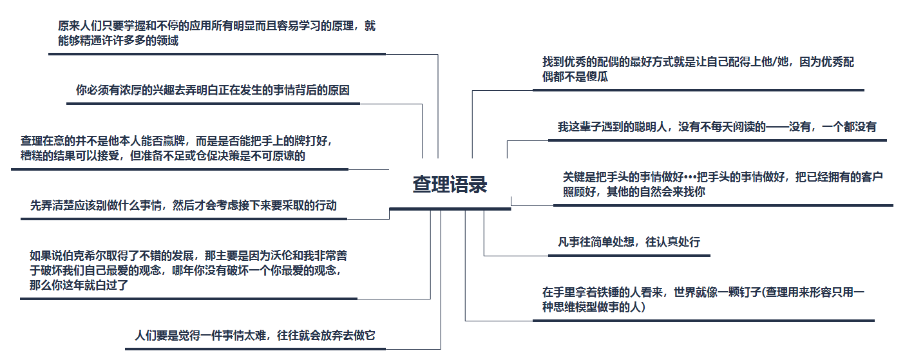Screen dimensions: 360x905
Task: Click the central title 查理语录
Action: (x=450, y=185)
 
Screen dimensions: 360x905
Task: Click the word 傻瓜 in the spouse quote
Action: (x=597, y=77)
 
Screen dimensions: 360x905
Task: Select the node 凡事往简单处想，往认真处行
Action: (x=629, y=243)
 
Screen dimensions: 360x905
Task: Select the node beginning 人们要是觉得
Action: (x=254, y=336)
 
